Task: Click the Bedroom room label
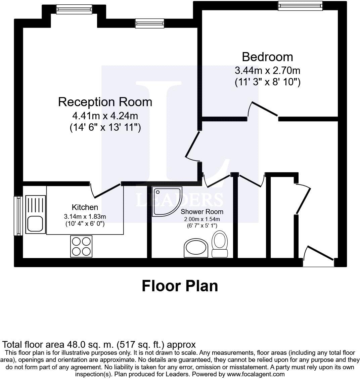click(267, 57)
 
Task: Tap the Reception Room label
click(105, 102)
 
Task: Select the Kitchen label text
click(85, 207)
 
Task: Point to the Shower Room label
click(202, 212)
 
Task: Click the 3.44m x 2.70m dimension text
click(267, 71)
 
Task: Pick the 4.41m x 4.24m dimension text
click(105, 116)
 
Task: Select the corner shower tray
click(166, 201)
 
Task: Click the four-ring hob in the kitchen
click(81, 246)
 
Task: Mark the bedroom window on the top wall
click(300, 5)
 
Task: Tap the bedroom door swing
click(263, 109)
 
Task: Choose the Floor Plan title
click(180, 286)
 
